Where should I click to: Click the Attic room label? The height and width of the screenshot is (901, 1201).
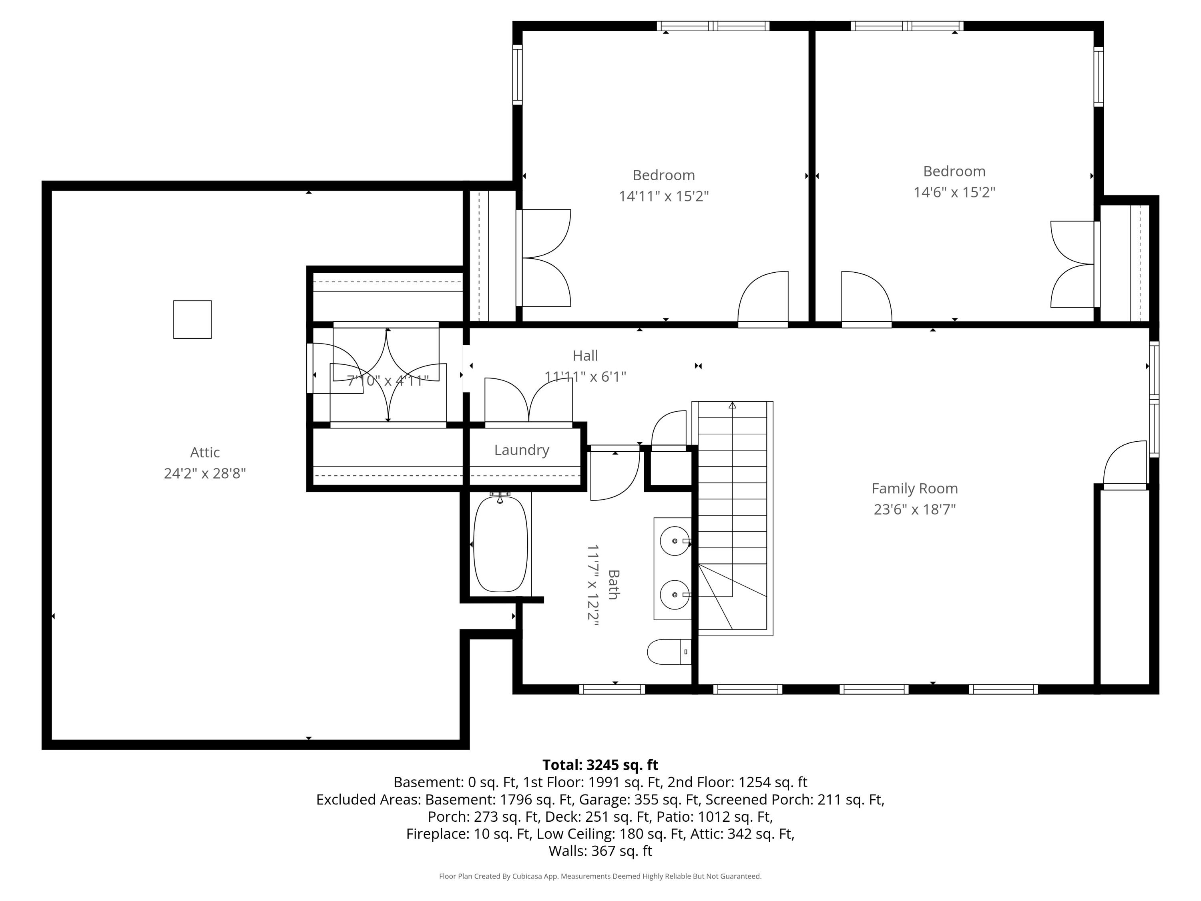coord(205,453)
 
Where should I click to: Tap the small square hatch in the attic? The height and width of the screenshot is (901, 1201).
coord(192,319)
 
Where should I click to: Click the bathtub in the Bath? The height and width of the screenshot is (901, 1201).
coord(500,544)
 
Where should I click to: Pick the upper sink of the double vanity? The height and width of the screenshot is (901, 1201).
coord(674,541)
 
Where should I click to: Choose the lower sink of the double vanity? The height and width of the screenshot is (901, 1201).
coord(674,595)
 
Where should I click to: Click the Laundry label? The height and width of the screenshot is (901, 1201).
coord(521,450)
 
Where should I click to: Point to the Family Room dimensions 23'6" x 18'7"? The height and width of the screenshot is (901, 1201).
coord(914,509)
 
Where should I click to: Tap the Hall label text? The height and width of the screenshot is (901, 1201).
coord(585,356)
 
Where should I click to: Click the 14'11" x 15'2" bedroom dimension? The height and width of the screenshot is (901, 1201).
coord(663,196)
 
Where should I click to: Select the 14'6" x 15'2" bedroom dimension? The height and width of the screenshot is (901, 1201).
coord(954,192)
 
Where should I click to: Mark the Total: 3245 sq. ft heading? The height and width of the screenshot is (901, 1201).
coord(600,765)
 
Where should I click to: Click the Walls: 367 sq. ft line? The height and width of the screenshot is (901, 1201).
coord(600,851)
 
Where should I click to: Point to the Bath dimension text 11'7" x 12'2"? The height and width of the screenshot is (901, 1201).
coord(592,585)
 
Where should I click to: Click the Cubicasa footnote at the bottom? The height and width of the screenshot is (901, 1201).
coord(600,876)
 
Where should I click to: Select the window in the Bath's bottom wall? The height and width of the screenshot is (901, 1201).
coord(612,689)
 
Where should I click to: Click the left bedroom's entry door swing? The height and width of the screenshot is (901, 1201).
coord(763,299)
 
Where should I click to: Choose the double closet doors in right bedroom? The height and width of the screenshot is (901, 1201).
coord(1072,264)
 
